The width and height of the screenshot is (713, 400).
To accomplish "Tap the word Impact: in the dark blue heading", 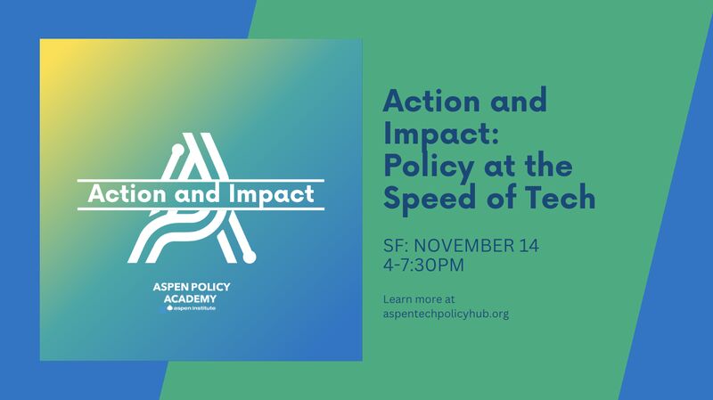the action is [441, 135].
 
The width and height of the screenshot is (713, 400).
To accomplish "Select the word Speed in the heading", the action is [429, 198].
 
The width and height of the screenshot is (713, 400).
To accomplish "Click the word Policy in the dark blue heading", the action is [430, 167].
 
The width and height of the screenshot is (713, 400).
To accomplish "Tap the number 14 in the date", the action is [529, 246].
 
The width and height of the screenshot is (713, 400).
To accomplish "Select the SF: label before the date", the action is [396, 246].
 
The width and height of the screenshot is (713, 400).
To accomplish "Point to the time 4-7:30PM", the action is [423, 265].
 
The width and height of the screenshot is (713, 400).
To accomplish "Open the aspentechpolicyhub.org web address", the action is [446, 314].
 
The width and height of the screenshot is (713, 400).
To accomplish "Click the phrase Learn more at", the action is [419, 299].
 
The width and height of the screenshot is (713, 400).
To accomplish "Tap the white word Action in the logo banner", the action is [127, 194].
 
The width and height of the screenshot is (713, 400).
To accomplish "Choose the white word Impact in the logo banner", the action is [271, 195].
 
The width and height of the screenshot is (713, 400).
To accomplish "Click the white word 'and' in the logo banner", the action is [197, 194].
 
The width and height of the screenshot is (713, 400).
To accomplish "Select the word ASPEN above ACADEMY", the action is [170, 287].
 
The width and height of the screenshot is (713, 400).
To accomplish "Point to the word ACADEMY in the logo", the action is [190, 298].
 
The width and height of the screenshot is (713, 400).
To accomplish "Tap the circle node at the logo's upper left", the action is [177, 150].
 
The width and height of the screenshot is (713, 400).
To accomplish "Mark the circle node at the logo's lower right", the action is [250, 257].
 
